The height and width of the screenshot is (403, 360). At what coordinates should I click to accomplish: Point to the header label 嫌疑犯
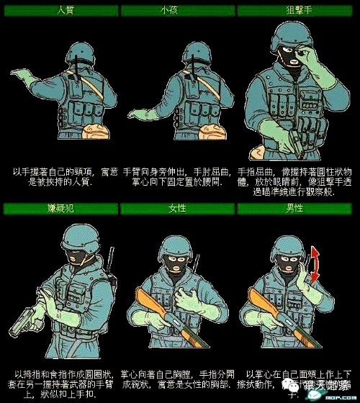[x=59, y=209]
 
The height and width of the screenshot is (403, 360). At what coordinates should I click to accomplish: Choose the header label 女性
[x=179, y=209]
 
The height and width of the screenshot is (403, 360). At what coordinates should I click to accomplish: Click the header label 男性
[x=298, y=209]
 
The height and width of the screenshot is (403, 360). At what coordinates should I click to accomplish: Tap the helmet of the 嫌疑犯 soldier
[x=81, y=237]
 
